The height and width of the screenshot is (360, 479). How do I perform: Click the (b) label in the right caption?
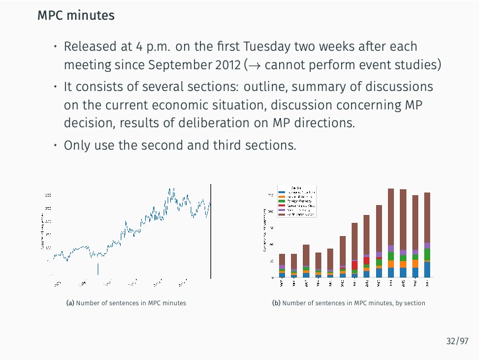[x=276, y=303]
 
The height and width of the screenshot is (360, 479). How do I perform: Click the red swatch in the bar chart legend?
[x=282, y=206]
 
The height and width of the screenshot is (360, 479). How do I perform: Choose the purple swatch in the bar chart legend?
[x=282, y=210]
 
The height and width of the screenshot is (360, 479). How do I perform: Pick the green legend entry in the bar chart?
[x=282, y=202]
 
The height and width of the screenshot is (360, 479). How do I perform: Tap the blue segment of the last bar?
[x=428, y=270]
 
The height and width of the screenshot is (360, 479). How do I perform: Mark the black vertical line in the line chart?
[x=211, y=231]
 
